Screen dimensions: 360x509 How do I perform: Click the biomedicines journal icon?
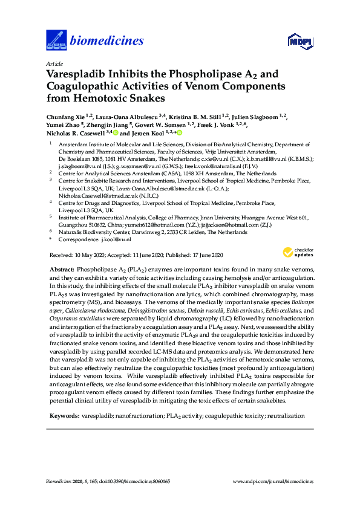[x=56, y=41]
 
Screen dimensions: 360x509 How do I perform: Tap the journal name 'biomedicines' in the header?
[x=107, y=41]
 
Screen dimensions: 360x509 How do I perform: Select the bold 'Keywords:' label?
[x=63, y=417]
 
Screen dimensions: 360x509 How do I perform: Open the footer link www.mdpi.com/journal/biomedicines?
[x=274, y=481]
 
